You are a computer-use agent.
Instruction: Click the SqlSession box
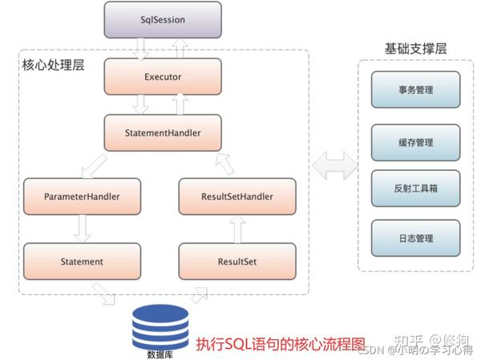163,20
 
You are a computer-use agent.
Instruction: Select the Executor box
163,77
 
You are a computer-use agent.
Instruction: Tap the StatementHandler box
163,133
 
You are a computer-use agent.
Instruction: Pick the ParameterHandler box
82,196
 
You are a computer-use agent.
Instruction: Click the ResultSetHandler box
237,196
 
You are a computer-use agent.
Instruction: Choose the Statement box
82,261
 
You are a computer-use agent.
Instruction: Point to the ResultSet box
237,261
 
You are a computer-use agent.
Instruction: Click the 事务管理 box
415,90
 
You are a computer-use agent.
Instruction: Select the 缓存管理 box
415,143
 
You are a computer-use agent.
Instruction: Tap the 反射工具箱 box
415,188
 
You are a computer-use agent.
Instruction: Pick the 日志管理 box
415,238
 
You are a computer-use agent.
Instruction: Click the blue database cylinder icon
160,327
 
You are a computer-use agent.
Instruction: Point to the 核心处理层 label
53,65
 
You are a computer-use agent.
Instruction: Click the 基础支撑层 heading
415,49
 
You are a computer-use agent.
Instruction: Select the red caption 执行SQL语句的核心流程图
281,344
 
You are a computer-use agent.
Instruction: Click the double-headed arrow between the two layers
334,165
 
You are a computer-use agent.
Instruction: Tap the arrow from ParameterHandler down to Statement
83,229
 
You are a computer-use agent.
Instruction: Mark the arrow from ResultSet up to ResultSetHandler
237,229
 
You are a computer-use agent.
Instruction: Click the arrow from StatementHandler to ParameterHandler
94,167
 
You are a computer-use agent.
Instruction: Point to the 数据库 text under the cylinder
160,354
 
